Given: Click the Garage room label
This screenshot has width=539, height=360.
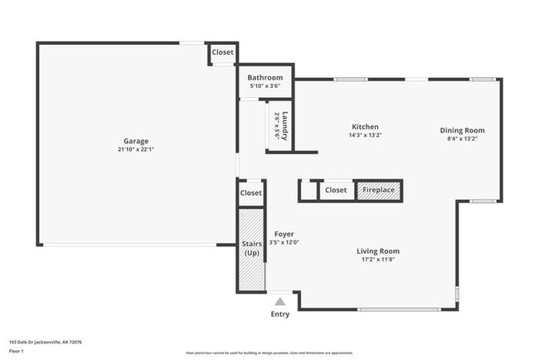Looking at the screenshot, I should [136, 141].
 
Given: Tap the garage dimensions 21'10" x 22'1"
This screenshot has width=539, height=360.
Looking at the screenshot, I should [136, 150].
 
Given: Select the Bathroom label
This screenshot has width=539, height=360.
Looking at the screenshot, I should [265, 78].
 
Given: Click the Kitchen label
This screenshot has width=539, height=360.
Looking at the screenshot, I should [366, 127].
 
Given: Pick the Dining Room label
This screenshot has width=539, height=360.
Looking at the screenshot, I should [462, 130].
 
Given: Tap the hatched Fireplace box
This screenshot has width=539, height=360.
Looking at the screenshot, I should [379, 190].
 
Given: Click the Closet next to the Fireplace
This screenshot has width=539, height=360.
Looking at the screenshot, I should [336, 190].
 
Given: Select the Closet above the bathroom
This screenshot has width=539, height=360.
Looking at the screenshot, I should [222, 52].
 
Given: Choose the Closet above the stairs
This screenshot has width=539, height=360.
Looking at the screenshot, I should [250, 192].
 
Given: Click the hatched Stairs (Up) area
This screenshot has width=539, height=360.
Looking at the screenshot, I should [250, 249].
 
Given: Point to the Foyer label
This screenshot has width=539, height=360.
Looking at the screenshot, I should [284, 234].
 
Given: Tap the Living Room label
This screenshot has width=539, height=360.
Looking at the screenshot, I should [378, 251].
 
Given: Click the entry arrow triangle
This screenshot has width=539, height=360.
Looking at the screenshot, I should [280, 302].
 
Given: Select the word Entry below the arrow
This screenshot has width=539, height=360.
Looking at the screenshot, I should [280, 314].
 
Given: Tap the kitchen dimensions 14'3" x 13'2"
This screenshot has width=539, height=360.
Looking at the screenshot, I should [366, 135].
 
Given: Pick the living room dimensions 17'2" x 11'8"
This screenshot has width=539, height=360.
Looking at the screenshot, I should [378, 260].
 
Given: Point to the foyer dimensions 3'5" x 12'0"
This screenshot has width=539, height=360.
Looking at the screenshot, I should [284, 242].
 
